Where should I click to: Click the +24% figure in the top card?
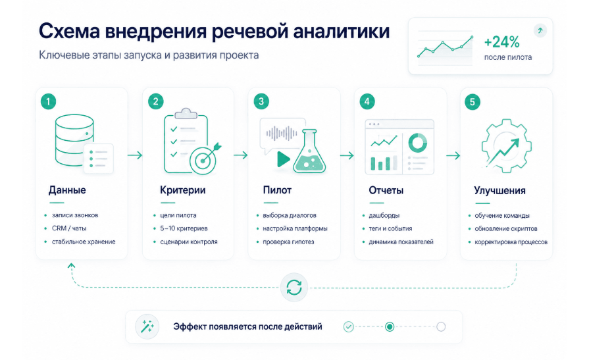(501, 42)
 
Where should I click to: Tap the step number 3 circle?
(261, 102)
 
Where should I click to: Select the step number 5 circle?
(473, 102)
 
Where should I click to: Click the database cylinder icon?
(74, 140)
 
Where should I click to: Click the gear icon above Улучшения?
(506, 146)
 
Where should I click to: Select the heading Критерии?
(182, 190)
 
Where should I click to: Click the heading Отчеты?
(386, 190)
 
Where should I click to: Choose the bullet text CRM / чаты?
(69, 228)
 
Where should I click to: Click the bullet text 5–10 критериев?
(184, 228)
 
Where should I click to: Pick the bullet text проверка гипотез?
(288, 242)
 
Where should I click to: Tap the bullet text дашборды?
(384, 215)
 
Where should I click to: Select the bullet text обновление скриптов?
(506, 229)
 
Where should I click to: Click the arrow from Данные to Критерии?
(135, 155)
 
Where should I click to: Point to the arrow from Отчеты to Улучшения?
(453, 156)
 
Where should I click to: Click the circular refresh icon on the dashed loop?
(294, 288)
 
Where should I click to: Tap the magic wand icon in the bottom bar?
(147, 326)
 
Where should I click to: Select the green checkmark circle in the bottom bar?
(349, 326)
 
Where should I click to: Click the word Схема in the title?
(69, 32)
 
